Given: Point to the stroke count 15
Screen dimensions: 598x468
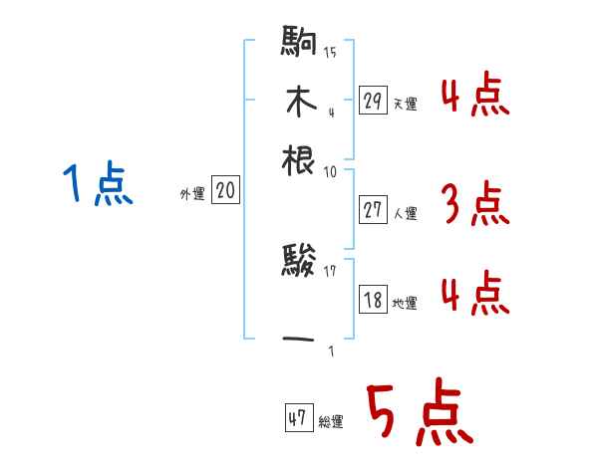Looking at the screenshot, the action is [x=330, y=53].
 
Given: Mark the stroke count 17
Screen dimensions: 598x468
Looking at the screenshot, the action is [x=330, y=270].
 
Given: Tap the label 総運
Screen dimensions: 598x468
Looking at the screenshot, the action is [x=331, y=423].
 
